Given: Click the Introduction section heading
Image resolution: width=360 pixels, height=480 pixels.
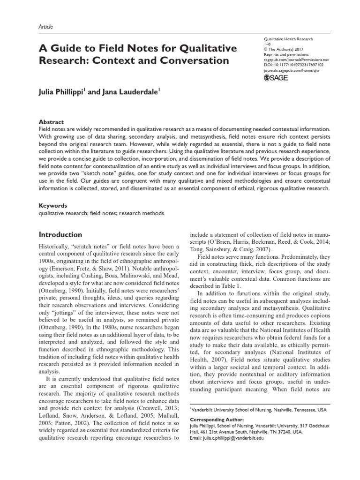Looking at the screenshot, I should tap(60, 234).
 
